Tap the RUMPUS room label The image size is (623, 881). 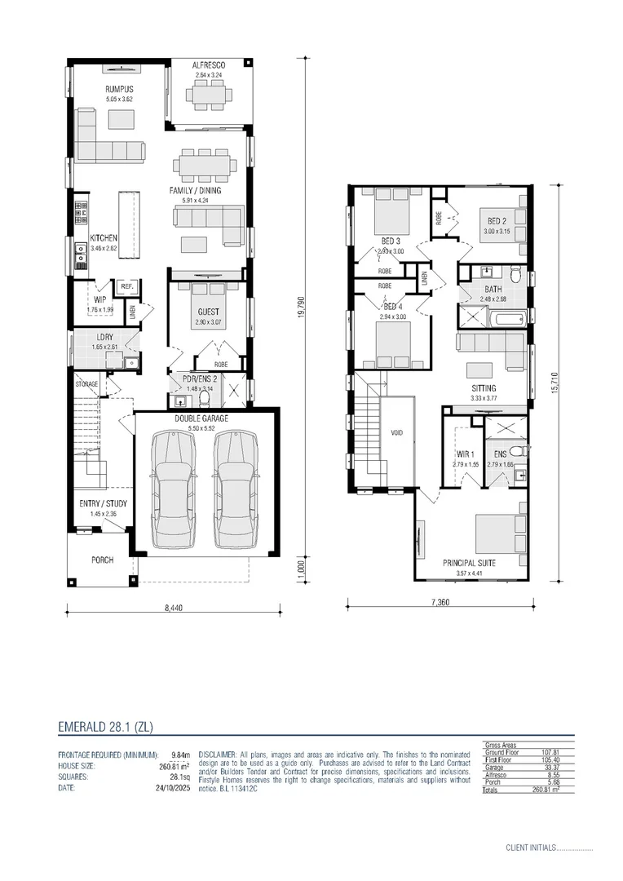coord(119,89)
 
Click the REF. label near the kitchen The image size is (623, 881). coord(126,287)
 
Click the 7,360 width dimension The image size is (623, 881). coord(440,603)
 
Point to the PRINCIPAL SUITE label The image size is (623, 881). coord(469,563)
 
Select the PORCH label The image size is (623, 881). coord(103,560)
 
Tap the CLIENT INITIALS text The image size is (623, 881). coord(530,848)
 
